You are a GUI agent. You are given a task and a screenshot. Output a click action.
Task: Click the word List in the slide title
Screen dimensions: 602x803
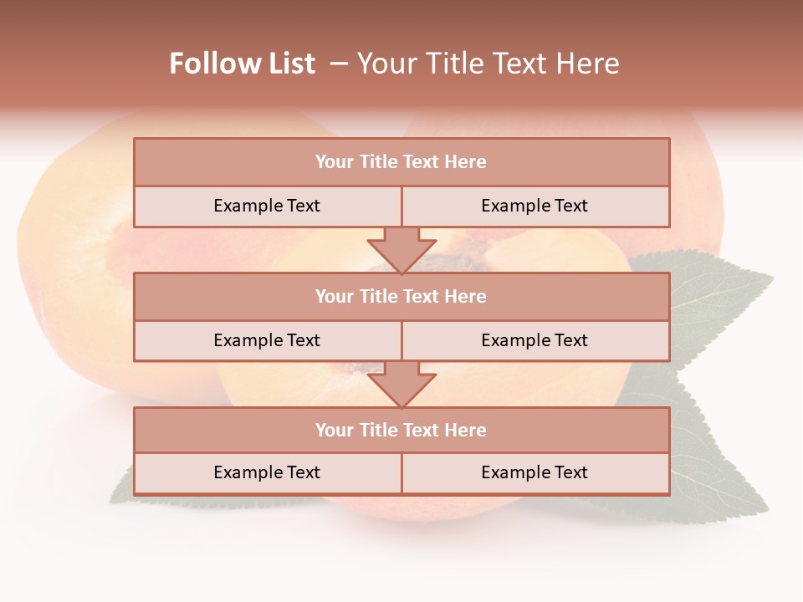[286, 64]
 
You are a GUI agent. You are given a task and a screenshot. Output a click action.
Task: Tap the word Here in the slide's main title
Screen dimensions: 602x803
[586, 64]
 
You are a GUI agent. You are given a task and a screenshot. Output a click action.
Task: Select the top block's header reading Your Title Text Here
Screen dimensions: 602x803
[401, 162]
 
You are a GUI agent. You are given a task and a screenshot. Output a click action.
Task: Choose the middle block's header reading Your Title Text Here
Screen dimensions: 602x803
[401, 296]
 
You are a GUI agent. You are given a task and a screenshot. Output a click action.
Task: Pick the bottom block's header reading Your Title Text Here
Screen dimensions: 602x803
[401, 430]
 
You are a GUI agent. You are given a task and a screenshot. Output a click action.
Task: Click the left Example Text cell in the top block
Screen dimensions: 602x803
[267, 206]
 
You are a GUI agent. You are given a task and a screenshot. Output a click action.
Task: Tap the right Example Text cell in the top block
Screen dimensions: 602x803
[534, 206]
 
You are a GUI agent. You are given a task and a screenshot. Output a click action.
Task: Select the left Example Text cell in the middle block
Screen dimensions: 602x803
[267, 340]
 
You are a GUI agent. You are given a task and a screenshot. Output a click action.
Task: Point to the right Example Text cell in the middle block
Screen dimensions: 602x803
[534, 340]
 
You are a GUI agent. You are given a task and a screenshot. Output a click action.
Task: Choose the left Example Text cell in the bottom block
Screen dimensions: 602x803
[267, 472]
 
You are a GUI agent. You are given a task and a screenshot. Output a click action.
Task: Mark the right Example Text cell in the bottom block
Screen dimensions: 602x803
[534, 472]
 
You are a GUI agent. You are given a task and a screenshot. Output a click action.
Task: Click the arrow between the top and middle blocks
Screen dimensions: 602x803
[401, 249]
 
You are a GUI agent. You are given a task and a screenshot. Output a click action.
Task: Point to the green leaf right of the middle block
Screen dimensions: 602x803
[719, 301]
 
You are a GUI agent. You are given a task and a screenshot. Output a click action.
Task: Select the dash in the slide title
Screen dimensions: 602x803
[339, 64]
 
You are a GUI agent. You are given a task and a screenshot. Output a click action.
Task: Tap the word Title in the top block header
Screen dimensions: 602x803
[378, 162]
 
